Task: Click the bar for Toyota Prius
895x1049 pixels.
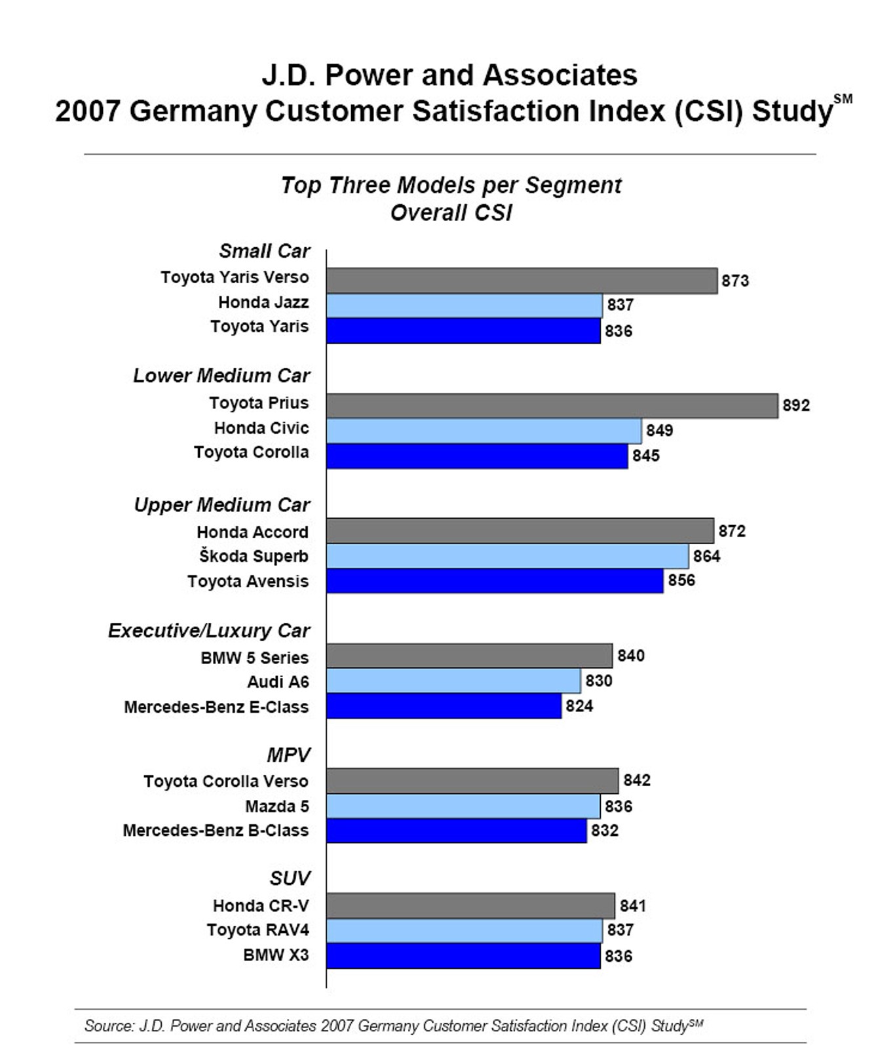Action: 552,406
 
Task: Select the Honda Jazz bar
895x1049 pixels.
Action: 464,306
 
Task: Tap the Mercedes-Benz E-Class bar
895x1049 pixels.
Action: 444,706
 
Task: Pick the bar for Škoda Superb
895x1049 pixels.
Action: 507,556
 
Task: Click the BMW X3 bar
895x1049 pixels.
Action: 463,956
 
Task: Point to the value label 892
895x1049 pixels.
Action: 796,406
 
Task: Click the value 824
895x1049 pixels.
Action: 579,706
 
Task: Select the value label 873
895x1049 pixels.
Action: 735,281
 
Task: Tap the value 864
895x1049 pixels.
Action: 706,556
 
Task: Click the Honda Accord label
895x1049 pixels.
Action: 252,532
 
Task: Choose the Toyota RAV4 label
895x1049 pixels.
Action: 257,930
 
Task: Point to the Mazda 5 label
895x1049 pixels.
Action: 276,806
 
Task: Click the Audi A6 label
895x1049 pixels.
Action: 278,682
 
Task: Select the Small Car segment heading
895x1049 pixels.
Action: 264,251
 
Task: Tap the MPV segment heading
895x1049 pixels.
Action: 288,755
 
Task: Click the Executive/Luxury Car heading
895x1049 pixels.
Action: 208,631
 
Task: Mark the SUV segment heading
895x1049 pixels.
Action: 290,879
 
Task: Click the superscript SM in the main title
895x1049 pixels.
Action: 843,99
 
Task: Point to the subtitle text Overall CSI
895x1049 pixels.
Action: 451,213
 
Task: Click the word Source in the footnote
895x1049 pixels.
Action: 108,1026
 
